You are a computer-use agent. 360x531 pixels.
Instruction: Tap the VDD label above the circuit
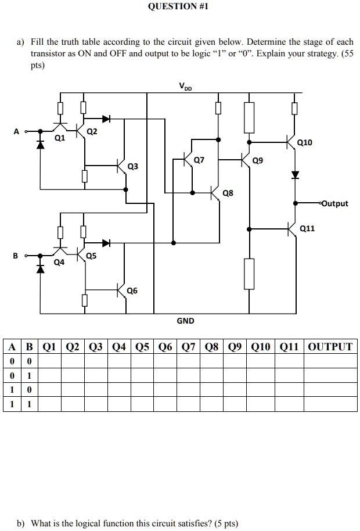click(x=185, y=87)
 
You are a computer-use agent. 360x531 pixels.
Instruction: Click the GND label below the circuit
click(x=185, y=321)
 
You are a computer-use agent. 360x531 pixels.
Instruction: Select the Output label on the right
click(x=334, y=203)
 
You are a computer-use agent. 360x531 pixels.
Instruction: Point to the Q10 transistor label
click(x=304, y=142)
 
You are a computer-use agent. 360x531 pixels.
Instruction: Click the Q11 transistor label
click(x=308, y=228)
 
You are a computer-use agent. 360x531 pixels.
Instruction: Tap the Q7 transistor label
click(x=199, y=160)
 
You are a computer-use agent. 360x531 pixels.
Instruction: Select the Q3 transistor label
click(x=133, y=167)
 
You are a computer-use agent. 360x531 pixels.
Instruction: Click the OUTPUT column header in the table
click(x=330, y=347)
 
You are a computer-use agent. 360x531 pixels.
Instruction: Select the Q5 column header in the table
click(x=144, y=347)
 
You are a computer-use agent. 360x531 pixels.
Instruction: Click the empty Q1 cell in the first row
click(x=50, y=361)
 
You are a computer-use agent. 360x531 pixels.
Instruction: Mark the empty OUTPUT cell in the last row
click(x=330, y=404)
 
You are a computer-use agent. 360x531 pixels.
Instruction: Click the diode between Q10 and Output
click(x=295, y=174)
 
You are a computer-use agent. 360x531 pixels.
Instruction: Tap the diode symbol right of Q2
click(x=106, y=119)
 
